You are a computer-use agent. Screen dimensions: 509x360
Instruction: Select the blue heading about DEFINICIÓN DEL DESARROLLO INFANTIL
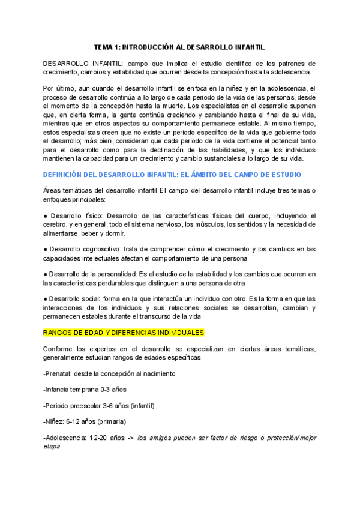pyautogui.click(x=172, y=174)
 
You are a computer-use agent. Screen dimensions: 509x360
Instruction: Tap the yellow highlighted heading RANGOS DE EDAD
pyautogui.click(x=124, y=332)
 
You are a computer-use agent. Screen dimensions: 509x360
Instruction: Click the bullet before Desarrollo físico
pyautogui.click(x=46, y=215)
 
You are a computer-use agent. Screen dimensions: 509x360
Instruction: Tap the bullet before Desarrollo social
pyautogui.click(x=46, y=298)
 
